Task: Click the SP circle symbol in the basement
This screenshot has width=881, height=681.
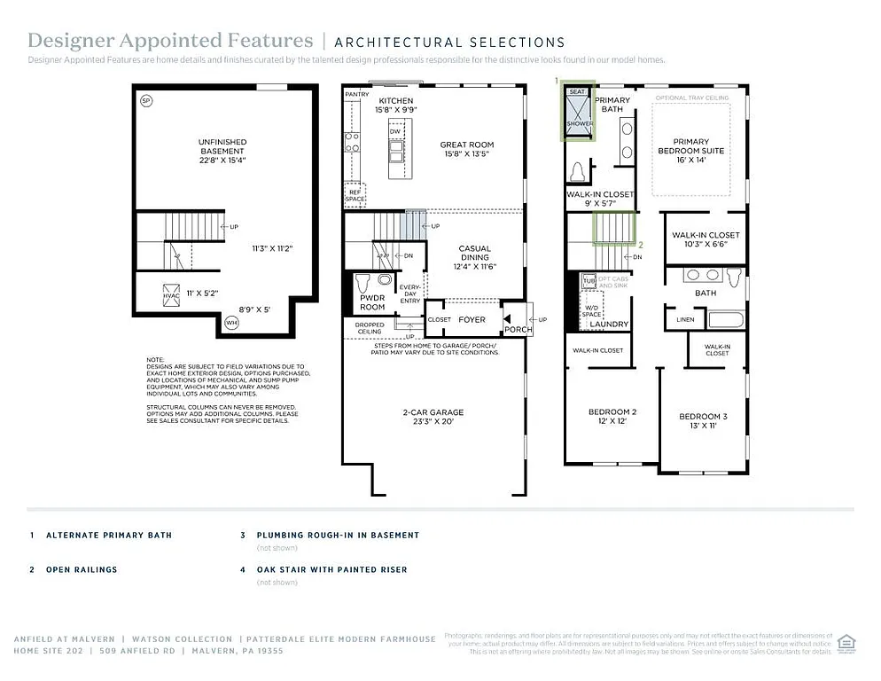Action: tap(146, 101)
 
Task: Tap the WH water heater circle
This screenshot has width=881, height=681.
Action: tap(232, 322)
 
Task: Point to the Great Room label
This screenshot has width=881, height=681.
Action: tap(467, 149)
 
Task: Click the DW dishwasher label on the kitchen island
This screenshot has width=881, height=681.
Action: tap(395, 132)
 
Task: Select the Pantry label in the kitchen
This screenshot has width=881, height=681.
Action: tap(357, 94)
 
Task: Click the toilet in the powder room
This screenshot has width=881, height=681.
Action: tap(362, 286)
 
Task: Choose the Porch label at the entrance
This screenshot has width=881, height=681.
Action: tap(518, 329)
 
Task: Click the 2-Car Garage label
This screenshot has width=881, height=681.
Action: tap(433, 417)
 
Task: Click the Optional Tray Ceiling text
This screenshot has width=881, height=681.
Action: tap(691, 98)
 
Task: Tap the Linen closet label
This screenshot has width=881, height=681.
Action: tap(684, 319)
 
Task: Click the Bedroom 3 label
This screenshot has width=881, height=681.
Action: tap(703, 421)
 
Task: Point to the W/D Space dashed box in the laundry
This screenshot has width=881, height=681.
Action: tap(592, 309)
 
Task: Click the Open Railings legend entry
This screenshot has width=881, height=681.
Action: tap(82, 569)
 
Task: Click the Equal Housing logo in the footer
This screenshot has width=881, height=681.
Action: tap(846, 642)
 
